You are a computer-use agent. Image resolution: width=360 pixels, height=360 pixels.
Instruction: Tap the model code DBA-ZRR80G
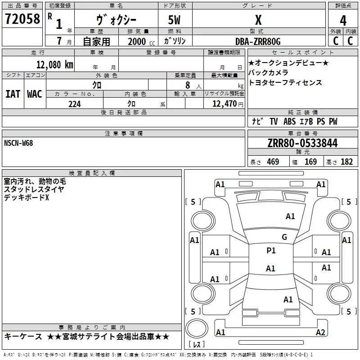[258, 41]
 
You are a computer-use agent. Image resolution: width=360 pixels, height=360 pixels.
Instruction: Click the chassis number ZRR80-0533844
[302, 144]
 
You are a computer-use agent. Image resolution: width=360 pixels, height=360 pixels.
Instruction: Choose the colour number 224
[75, 104]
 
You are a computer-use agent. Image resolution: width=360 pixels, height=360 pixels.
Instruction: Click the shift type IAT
[13, 94]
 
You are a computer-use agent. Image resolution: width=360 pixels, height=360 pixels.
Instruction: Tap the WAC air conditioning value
[35, 94]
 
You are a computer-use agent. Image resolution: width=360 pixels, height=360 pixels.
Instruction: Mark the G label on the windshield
[284, 237]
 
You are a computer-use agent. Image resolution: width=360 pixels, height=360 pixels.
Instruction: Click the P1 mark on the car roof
[271, 251]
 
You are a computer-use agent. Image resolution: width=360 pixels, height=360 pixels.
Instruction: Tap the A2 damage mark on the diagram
[320, 333]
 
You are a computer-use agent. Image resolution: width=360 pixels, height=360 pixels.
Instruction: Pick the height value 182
[347, 162]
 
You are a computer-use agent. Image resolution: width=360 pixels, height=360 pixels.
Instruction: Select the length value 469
[273, 162]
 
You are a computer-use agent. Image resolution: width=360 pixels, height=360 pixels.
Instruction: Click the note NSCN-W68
[18, 143]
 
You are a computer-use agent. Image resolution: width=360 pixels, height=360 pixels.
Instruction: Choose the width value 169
[310, 162]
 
